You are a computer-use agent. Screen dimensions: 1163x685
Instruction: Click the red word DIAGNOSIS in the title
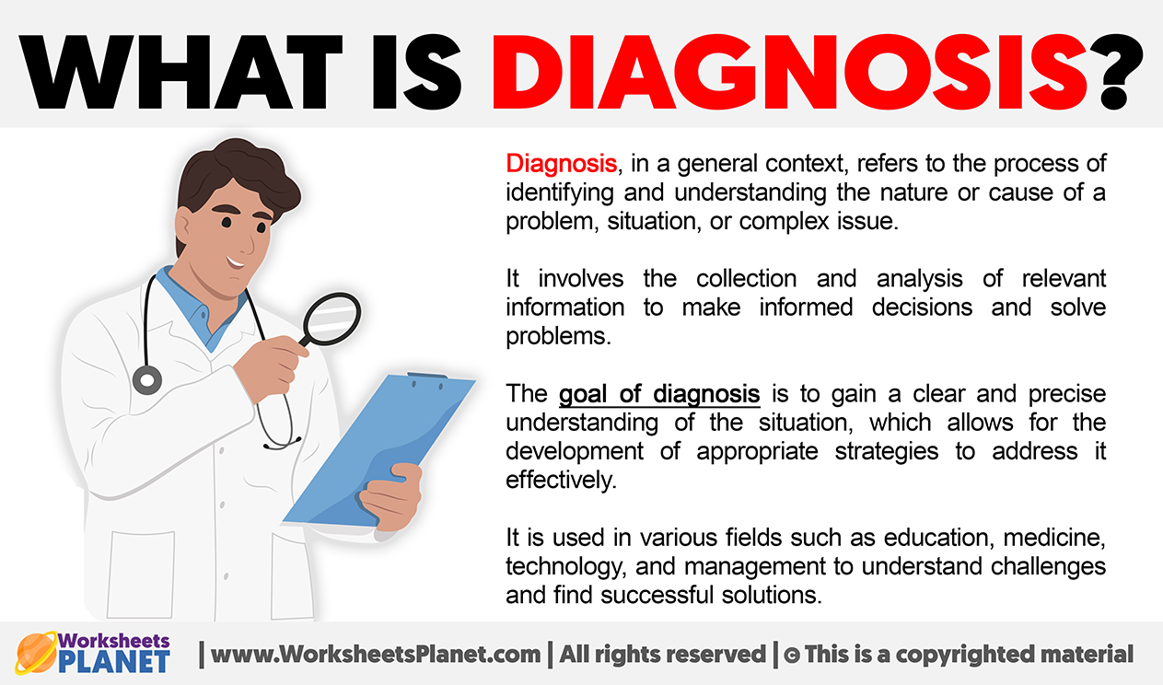788,72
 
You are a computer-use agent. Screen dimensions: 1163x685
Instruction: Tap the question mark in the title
1115,72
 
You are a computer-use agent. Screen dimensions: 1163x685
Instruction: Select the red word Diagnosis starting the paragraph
562,164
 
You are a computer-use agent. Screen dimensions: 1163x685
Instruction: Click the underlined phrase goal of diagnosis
659,394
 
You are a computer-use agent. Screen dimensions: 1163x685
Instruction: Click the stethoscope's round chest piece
147,380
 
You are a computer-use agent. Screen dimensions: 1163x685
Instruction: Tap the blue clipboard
379,450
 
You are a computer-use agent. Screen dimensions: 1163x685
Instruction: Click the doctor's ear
184,228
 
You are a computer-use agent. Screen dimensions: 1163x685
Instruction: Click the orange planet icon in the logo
36,653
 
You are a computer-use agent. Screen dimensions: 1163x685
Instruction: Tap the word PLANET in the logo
114,662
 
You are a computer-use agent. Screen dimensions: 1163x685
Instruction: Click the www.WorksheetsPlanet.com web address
376,655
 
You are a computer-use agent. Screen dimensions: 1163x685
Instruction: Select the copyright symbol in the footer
792,656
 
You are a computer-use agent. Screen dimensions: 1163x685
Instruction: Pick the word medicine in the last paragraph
1054,538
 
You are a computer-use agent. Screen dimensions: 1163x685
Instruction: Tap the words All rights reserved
663,655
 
